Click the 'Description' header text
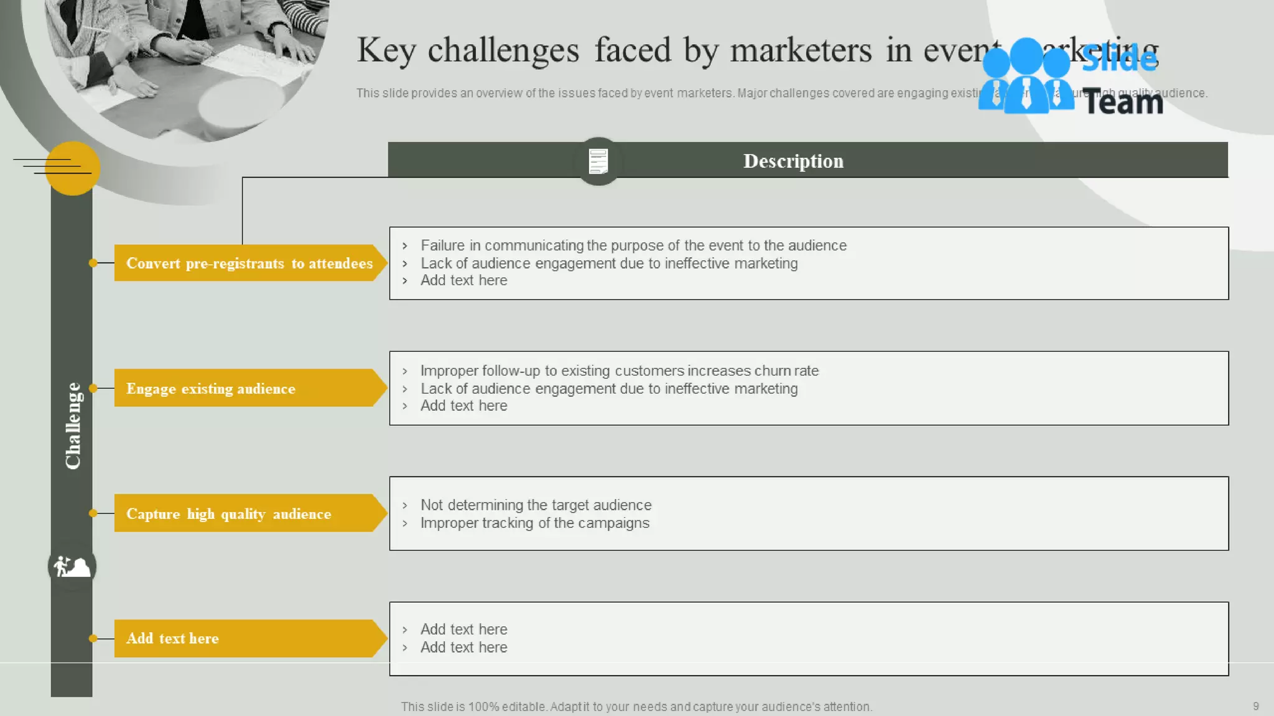(793, 161)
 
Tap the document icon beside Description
(598, 161)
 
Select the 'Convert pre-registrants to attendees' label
(249, 263)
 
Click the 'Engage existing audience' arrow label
(249, 388)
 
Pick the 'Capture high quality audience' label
(249, 513)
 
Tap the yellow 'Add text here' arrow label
(249, 638)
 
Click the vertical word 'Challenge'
(73, 426)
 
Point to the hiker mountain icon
(72, 566)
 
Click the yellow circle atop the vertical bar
(73, 168)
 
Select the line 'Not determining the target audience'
(536, 505)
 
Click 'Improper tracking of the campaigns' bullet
(534, 523)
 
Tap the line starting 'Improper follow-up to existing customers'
(619, 370)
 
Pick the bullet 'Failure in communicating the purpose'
(633, 246)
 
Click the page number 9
(1255, 706)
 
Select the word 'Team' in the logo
(1123, 102)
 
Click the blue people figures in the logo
(1026, 76)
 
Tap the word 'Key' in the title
(386, 50)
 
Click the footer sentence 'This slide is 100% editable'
(636, 707)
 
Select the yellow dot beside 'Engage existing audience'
(93, 388)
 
